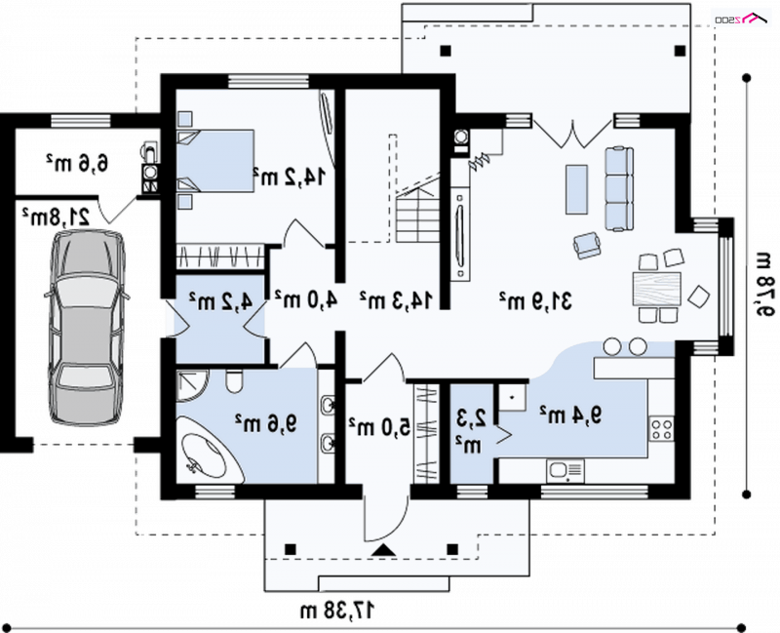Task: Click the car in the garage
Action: click(x=86, y=328)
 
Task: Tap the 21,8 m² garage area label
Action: click(x=56, y=216)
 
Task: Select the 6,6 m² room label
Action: click(x=78, y=162)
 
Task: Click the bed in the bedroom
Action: click(x=214, y=161)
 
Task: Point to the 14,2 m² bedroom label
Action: click(x=289, y=177)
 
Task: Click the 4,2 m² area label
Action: click(x=220, y=300)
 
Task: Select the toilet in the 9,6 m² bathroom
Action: click(x=233, y=381)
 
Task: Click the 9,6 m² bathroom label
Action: click(x=266, y=423)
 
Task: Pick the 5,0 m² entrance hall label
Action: click(x=379, y=426)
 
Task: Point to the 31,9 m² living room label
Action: click(x=536, y=300)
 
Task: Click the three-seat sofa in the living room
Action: click(x=619, y=188)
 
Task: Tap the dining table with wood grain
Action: click(x=656, y=289)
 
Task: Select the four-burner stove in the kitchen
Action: click(x=662, y=429)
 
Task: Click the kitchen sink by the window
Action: click(x=565, y=471)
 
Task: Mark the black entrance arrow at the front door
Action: click(x=383, y=550)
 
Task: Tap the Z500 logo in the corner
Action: click(x=741, y=19)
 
